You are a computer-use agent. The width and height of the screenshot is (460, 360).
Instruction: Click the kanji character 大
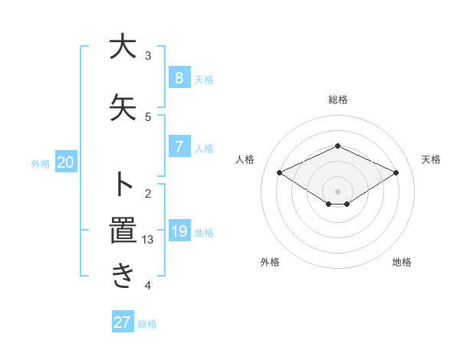point(122,47)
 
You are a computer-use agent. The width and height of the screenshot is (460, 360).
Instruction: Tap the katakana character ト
point(122,185)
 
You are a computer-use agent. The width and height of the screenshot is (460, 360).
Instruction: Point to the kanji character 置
point(122,231)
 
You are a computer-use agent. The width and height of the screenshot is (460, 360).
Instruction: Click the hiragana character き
point(122,276)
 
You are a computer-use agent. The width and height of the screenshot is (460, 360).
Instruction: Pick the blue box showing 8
point(179,77)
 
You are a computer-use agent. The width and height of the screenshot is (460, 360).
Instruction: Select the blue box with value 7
point(179,146)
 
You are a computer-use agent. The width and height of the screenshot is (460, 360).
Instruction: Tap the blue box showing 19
point(179,231)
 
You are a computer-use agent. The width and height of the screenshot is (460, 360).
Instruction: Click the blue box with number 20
point(66,162)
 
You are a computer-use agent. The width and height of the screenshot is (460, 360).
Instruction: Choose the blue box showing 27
point(123,322)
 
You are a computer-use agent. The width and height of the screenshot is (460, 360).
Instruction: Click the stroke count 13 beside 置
point(148,240)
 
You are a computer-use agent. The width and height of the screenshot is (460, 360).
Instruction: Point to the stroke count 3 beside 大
point(148,56)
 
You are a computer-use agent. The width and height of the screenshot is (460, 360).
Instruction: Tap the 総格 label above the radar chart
point(337,100)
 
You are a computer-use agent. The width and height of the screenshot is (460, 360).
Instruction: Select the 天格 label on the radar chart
point(431,159)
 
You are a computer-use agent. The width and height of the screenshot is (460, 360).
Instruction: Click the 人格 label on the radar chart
point(245,159)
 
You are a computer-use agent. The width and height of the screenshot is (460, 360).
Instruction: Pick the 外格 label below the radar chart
point(270,262)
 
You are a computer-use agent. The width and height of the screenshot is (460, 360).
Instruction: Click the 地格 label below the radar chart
point(402,262)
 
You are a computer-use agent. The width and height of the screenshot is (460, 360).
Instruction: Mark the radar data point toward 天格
point(396,173)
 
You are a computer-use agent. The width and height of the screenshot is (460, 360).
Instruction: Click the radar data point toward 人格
point(280,173)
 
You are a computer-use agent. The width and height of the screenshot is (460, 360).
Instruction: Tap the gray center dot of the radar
point(337,191)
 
